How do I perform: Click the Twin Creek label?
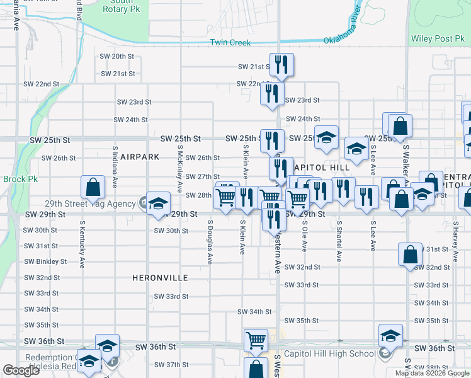pos(230,43)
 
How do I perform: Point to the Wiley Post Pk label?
pos(438,38)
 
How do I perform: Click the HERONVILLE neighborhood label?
pos(160,277)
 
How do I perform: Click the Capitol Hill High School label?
pos(329,353)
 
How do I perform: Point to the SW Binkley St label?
pos(45,261)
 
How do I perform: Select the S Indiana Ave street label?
pos(115,167)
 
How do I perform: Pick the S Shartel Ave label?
pos(339,241)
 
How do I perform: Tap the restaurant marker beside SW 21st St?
pos(280,64)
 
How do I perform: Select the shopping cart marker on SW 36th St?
pos(256,340)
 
